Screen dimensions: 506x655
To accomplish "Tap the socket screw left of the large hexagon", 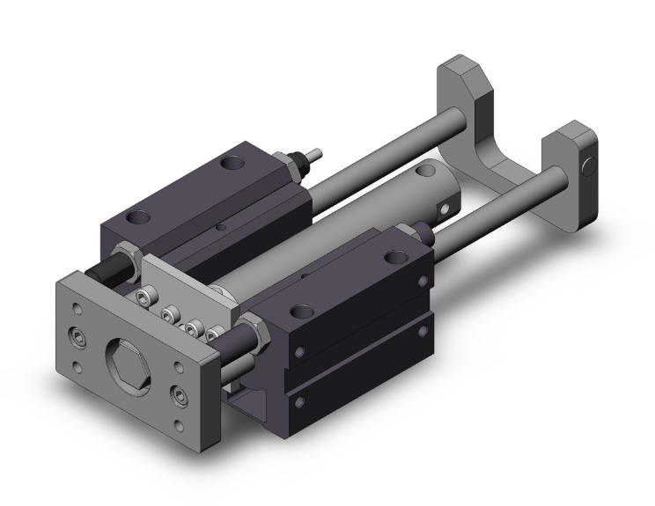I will tap(81, 337).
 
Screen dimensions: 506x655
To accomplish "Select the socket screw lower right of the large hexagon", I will tap(180, 392).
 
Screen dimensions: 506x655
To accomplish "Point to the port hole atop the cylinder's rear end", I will tap(428, 171).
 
